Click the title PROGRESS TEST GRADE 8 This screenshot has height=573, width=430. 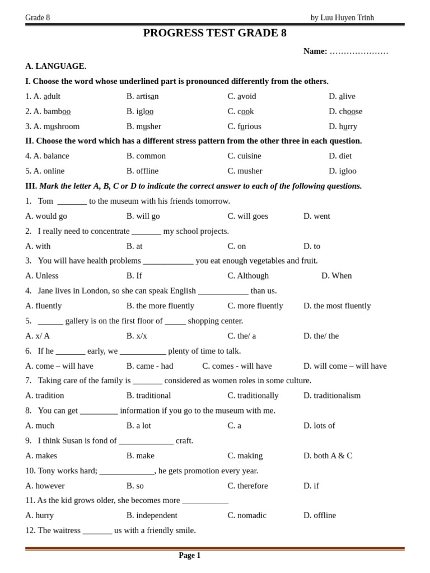tap(214, 33)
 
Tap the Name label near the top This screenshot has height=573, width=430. tap(315, 51)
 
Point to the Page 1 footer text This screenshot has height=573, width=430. tap(189, 556)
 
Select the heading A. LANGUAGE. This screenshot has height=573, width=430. tap(55, 66)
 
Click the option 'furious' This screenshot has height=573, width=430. tap(249, 126)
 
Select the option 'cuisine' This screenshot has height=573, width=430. tap(249, 156)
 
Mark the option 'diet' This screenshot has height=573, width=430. tap(345, 156)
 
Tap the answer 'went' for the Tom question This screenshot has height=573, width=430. tap(321, 216)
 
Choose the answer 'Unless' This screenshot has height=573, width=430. tap(46, 276)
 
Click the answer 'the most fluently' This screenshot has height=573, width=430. tap(342, 306)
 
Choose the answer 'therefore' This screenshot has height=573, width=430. tap(253, 486)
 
